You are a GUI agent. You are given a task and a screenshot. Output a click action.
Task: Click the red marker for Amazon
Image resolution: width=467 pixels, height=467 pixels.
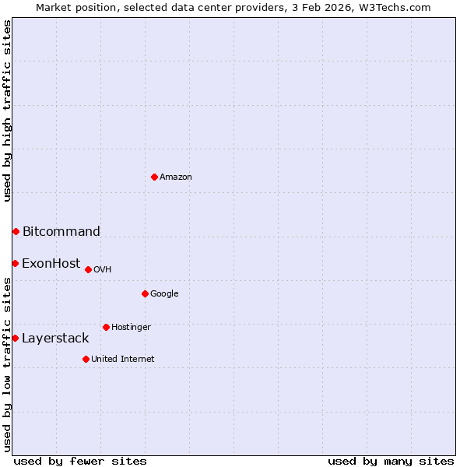[x=154, y=177]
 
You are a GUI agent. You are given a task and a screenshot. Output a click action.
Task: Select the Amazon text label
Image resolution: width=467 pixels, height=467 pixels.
[x=176, y=177]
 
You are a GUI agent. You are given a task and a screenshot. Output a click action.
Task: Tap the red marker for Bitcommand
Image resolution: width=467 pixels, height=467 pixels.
[x=16, y=231]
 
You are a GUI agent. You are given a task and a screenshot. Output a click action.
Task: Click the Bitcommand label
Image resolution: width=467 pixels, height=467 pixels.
[x=61, y=231]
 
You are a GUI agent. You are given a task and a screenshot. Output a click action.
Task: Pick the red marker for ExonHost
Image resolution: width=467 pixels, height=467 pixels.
[x=15, y=263]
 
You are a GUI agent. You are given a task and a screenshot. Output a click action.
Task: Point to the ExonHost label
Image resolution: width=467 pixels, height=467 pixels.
[x=51, y=263]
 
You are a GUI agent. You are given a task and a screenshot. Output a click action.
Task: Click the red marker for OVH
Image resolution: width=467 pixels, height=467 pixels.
[x=88, y=269]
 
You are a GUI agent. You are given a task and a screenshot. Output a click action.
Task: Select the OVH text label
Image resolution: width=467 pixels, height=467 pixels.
[x=102, y=270]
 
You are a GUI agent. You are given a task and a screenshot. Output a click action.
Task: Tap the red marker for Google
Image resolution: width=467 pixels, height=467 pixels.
[x=145, y=293]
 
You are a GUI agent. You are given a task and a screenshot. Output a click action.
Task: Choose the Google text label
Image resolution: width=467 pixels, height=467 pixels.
[x=164, y=294]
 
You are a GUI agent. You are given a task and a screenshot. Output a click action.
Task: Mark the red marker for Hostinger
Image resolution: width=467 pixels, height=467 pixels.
[x=106, y=327]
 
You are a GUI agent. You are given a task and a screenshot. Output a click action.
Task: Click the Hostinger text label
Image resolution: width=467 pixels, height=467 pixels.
[x=131, y=328]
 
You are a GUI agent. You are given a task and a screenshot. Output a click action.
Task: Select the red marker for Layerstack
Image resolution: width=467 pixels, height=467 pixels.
[x=15, y=338]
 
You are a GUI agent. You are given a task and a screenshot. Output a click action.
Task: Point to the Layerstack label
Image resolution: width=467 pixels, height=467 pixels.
[x=55, y=338]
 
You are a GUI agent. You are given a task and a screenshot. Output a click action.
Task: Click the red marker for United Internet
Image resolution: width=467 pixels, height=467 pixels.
[x=86, y=359]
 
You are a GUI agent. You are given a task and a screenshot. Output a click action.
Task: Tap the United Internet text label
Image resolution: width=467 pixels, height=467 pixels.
[x=122, y=360]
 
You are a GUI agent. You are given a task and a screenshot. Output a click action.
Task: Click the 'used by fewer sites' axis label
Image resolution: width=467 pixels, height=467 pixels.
[x=80, y=461]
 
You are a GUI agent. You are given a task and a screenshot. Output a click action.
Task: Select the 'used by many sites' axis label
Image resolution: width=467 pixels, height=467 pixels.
[x=391, y=461]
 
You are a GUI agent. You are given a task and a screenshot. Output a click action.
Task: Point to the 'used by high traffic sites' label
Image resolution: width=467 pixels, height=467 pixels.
[x=7, y=111]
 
